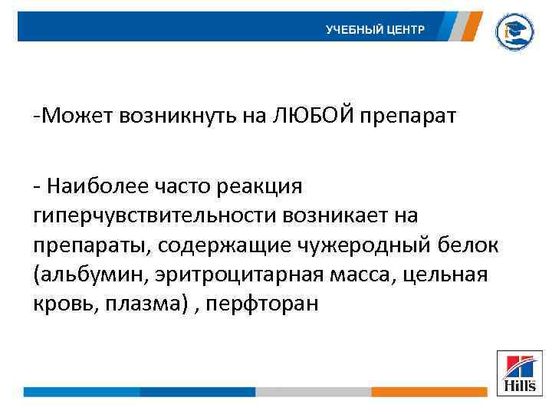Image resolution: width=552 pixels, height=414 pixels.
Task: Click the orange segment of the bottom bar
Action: point(429,391)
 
